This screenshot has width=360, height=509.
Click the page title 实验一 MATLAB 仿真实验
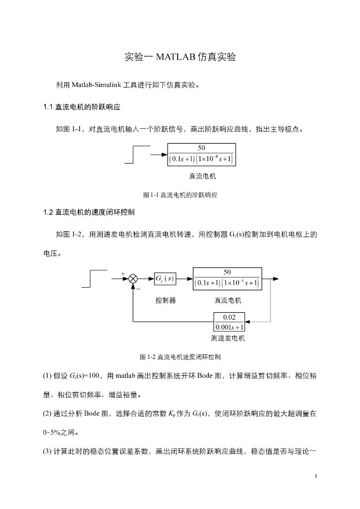(180, 57)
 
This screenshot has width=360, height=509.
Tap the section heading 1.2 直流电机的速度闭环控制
(90, 212)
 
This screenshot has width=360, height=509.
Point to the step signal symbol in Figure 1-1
(137, 155)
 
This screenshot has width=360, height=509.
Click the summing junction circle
(133, 279)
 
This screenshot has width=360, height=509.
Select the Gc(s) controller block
(164, 278)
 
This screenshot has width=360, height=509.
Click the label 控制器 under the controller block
(166, 301)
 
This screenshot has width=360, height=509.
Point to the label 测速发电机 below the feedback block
(228, 339)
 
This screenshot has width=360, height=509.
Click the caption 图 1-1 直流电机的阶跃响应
(180, 195)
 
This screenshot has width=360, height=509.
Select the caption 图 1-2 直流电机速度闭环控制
(180, 357)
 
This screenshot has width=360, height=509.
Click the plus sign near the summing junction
(123, 273)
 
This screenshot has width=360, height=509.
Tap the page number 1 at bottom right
(316, 477)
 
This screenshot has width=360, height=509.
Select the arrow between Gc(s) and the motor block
(184, 279)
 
